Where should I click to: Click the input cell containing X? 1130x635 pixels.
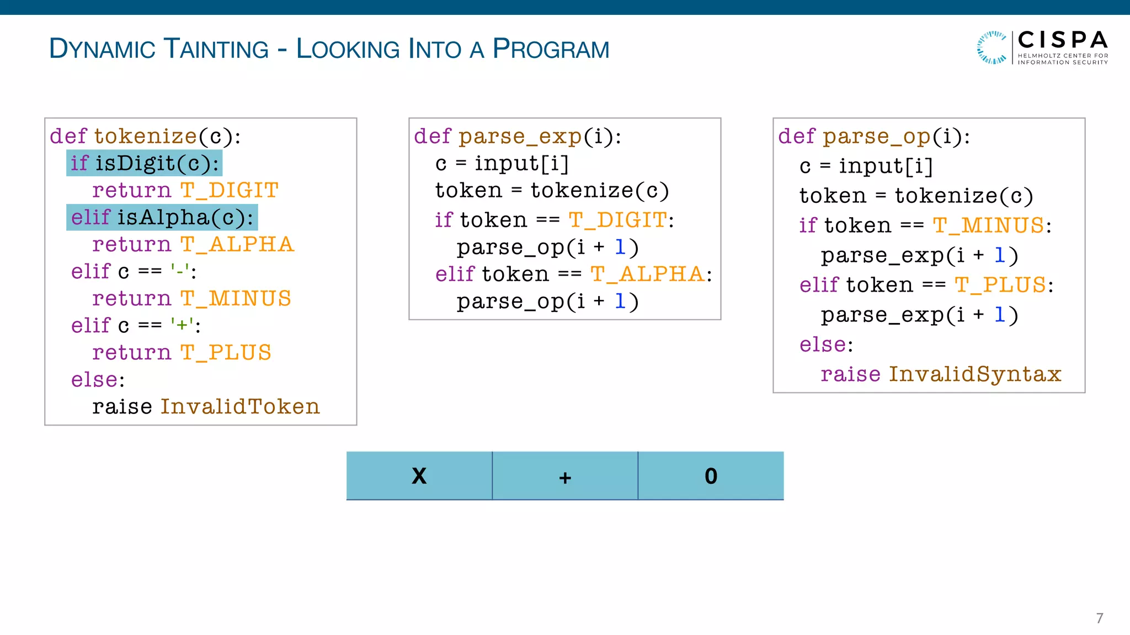tap(419, 476)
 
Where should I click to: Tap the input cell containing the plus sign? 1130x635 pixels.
tap(565, 476)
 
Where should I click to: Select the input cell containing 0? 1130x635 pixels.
tap(711, 476)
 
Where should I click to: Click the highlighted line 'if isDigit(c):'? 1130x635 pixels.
tap(145, 163)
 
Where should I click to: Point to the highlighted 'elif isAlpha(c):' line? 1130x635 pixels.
tap(162, 217)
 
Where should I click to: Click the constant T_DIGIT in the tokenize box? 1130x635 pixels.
tap(230, 190)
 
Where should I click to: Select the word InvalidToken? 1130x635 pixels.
tap(240, 407)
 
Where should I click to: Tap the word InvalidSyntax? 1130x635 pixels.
tap(975, 374)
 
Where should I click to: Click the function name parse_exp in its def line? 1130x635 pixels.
tap(520, 136)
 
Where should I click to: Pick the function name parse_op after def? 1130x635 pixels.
tap(877, 136)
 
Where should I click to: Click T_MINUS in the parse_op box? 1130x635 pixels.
tap(988, 225)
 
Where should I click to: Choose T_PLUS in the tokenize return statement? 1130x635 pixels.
tap(226, 353)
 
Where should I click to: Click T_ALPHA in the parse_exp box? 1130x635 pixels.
tap(647, 274)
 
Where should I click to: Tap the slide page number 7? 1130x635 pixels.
tap(1099, 618)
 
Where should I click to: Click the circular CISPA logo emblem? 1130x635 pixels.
tap(992, 47)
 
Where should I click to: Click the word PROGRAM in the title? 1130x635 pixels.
tap(551, 49)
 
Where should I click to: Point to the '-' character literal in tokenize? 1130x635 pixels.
tap(180, 271)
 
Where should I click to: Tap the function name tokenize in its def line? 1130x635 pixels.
tap(145, 136)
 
